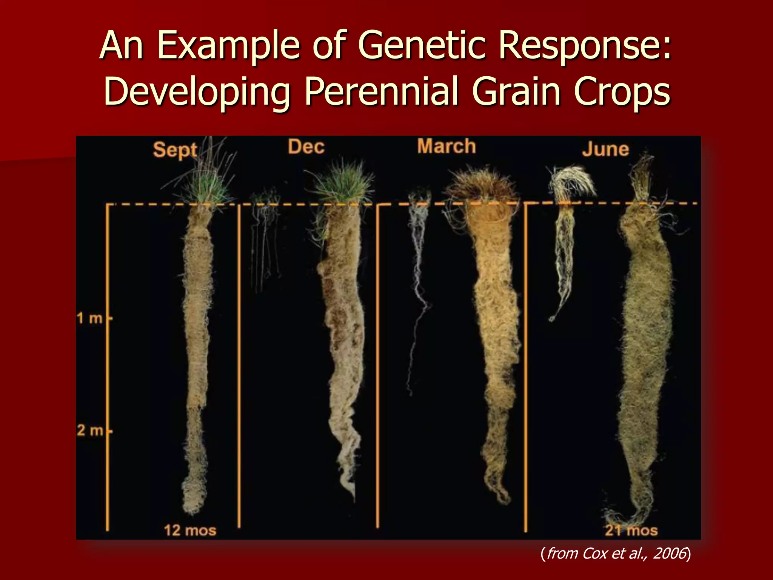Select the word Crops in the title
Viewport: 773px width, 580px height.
(x=622, y=91)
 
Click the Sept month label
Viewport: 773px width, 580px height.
(x=175, y=150)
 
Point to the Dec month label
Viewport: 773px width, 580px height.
(x=306, y=147)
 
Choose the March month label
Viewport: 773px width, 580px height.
(x=447, y=147)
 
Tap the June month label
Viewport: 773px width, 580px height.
(x=605, y=149)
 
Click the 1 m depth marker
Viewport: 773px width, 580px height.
(x=90, y=318)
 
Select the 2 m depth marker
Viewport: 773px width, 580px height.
(x=90, y=430)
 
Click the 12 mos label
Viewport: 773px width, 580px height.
(x=190, y=530)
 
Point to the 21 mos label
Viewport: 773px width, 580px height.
(x=631, y=530)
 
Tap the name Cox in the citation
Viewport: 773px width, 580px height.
(x=596, y=554)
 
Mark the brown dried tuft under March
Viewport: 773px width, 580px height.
(x=481, y=185)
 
